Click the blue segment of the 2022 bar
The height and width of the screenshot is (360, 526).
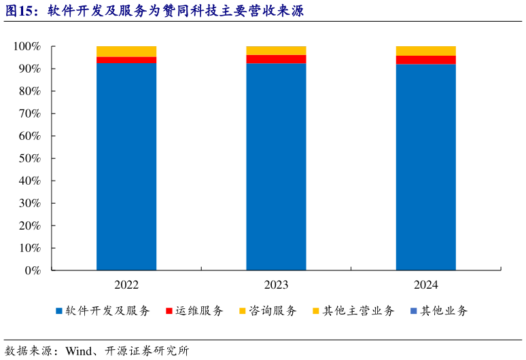tap(126, 166)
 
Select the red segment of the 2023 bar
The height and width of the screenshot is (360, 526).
tap(276, 59)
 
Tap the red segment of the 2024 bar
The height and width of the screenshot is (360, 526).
tap(426, 60)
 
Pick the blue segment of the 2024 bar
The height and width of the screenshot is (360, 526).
tap(426, 167)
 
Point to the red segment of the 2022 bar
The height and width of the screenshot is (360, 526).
tap(126, 60)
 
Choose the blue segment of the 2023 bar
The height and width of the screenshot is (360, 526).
tap(276, 166)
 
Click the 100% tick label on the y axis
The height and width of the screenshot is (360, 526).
tap(27, 46)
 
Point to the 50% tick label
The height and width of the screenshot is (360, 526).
tap(29, 158)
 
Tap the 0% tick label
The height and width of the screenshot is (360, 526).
tap(32, 270)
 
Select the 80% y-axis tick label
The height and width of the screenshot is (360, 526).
tap(29, 91)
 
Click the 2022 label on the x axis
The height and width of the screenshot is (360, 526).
tap(126, 285)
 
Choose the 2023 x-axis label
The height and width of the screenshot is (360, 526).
tap(276, 285)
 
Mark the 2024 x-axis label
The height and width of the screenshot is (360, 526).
tap(426, 285)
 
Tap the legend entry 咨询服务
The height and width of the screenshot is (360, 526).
tap(273, 311)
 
